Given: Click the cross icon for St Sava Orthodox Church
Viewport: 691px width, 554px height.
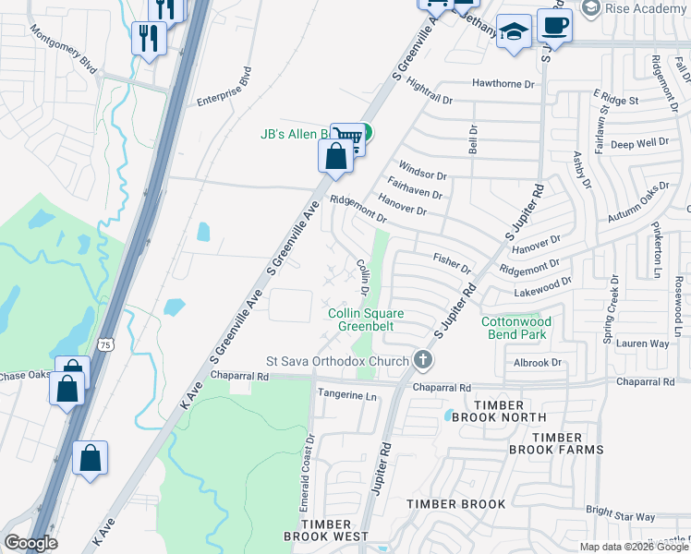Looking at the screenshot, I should [423, 359].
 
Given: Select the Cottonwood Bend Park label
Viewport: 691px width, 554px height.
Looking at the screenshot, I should [516, 328].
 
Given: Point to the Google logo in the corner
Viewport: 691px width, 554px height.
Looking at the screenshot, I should [30, 543].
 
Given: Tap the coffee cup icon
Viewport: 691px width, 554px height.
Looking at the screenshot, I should [554, 25].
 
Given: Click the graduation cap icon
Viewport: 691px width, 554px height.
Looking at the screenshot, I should [514, 32].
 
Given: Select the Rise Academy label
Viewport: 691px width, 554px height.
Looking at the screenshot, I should [637, 8].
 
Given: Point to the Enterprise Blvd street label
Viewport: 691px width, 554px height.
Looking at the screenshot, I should [223, 87].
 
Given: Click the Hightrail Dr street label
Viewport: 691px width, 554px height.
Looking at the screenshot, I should [428, 91].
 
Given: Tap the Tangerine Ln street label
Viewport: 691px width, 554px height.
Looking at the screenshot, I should [348, 396].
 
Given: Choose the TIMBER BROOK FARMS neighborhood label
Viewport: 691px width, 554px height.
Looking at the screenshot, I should [556, 443].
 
